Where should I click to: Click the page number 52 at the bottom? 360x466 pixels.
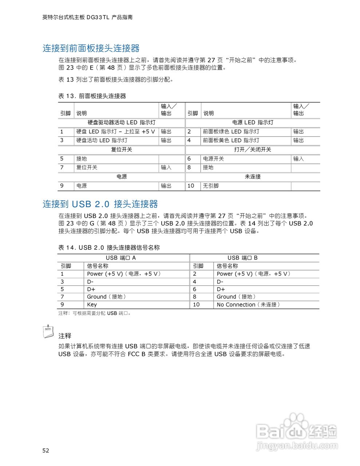pyautogui.click(x=46, y=450)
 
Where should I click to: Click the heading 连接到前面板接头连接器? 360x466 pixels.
pyautogui.click(x=91, y=48)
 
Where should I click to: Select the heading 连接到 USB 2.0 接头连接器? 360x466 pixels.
pyautogui.click(x=100, y=204)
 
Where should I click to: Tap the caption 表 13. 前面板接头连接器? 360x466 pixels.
pyautogui.click(x=92, y=96)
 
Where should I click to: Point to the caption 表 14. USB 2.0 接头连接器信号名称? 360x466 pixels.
pyautogui.click(x=109, y=248)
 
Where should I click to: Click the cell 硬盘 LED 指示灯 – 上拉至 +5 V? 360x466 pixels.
pyautogui.click(x=115, y=131)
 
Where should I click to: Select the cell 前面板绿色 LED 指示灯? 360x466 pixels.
pyautogui.click(x=231, y=131)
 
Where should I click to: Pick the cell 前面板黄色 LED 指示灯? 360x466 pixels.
pyautogui.click(x=231, y=140)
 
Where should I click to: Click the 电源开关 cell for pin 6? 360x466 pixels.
pyautogui.click(x=213, y=159)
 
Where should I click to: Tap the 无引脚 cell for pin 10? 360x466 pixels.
pyautogui.click(x=211, y=186)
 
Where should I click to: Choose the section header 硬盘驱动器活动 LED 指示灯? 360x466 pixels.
pyautogui.click(x=121, y=122)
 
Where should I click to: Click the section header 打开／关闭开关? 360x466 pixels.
pyautogui.click(x=252, y=150)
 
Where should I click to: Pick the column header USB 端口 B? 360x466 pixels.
pyautogui.click(x=242, y=258)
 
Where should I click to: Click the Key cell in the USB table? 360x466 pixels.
pyautogui.click(x=92, y=305)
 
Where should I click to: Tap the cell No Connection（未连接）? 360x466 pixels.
pyautogui.click(x=248, y=305)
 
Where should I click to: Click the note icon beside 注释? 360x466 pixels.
pyautogui.click(x=48, y=331)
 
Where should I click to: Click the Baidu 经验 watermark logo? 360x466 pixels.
pyautogui.click(x=297, y=431)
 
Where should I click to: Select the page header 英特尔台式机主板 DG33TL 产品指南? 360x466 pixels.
pyautogui.click(x=87, y=17)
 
